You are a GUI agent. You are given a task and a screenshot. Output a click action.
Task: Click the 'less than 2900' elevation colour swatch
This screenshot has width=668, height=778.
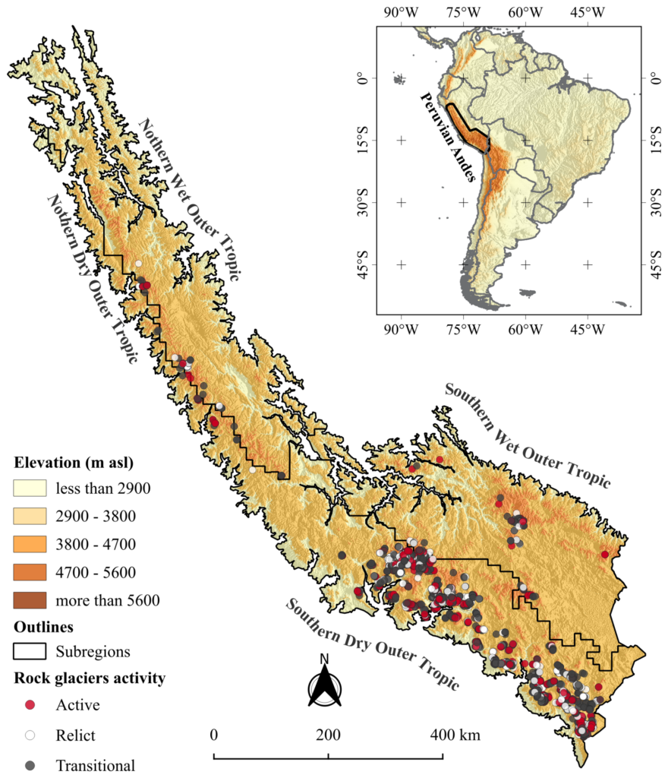pyautogui.click(x=30, y=488)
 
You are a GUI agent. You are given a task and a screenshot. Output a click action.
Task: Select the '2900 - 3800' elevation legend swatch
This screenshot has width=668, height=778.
pyautogui.click(x=30, y=517)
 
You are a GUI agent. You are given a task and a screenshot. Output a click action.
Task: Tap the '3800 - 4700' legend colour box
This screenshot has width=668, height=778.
pyautogui.click(x=30, y=544)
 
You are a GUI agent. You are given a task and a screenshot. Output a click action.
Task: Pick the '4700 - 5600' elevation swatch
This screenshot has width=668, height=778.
pyautogui.click(x=30, y=572)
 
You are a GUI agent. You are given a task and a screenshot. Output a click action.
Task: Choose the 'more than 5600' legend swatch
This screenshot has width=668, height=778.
pyautogui.click(x=30, y=600)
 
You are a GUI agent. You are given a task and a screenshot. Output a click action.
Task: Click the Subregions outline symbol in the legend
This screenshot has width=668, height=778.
pyautogui.click(x=30, y=651)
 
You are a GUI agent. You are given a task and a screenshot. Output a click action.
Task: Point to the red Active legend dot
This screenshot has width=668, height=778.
pyautogui.click(x=30, y=705)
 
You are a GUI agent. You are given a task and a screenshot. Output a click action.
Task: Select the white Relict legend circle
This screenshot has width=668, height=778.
pyautogui.click(x=30, y=735)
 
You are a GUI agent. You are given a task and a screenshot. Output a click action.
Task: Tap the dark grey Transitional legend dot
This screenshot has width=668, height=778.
pyautogui.click(x=30, y=764)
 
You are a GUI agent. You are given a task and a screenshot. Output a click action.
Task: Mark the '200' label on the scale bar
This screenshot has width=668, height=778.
pyautogui.click(x=328, y=735)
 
